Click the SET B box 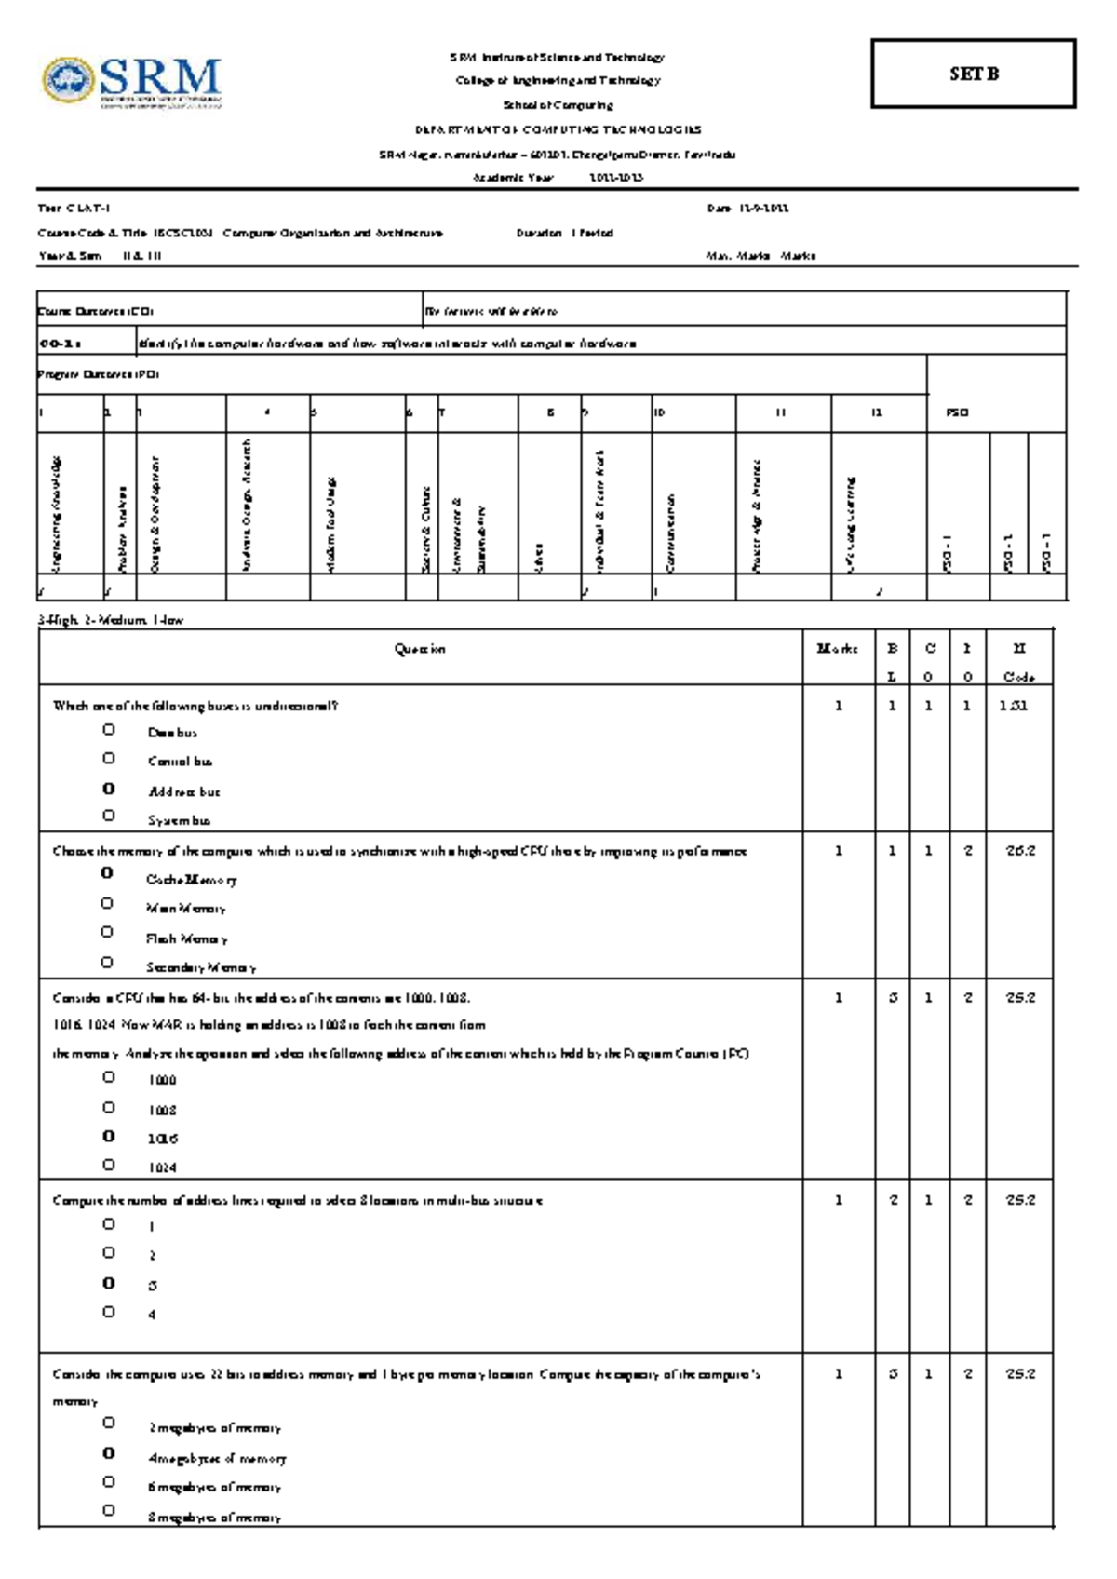[974, 74]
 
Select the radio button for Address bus [109, 789]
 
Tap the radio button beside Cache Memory [107, 873]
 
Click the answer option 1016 [162, 1139]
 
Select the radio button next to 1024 [109, 1165]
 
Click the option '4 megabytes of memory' [216, 1459]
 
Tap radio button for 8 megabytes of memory [109, 1510]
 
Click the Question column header [420, 649]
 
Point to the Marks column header [837, 649]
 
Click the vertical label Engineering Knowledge [56, 512]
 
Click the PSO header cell [958, 412]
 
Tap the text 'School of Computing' [558, 105]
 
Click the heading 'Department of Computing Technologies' [558, 130]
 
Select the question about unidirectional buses [195, 706]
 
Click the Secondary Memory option [200, 967]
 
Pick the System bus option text [179, 820]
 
